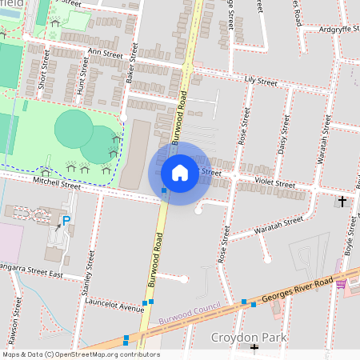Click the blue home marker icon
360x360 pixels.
(x=180, y=172)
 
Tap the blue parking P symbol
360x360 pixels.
(x=66, y=220)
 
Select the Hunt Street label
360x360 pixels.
(x=80, y=81)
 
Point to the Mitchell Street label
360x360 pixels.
(x=57, y=183)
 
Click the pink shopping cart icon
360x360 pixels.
(x=342, y=282)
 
